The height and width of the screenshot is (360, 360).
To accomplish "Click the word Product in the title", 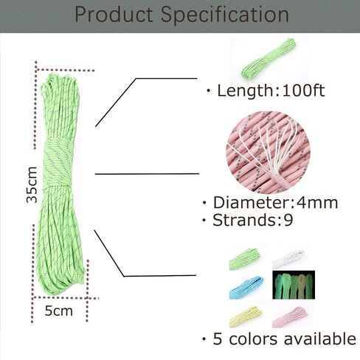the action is click(x=114, y=15).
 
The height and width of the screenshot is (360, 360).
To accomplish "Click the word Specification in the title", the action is click(x=225, y=15).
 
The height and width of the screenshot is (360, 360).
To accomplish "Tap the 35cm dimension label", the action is click(x=32, y=184).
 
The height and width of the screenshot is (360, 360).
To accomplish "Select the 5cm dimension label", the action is click(x=59, y=311).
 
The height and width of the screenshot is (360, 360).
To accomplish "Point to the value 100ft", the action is click(x=303, y=91).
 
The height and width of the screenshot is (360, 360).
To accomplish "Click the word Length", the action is click(x=245, y=91).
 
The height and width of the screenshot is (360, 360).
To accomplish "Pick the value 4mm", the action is click(x=317, y=203).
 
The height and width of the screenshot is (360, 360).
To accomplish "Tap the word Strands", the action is click(x=243, y=220).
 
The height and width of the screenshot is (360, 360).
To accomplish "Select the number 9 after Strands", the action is click(x=288, y=220).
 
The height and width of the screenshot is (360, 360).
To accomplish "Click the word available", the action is click(x=320, y=339).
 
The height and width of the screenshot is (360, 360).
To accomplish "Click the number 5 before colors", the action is click(x=218, y=339).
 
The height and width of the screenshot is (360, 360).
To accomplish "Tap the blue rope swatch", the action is click(x=246, y=287).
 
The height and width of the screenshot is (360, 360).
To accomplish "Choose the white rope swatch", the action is click(x=288, y=258).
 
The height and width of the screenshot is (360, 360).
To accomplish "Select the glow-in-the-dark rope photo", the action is click(x=294, y=285).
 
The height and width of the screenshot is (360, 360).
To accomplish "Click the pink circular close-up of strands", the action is click(x=268, y=153).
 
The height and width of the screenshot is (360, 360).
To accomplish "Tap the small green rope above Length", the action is click(x=269, y=59).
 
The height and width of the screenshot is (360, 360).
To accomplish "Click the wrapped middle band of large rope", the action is click(x=59, y=164).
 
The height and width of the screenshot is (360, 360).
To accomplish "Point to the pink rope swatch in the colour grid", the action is click(x=290, y=316).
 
